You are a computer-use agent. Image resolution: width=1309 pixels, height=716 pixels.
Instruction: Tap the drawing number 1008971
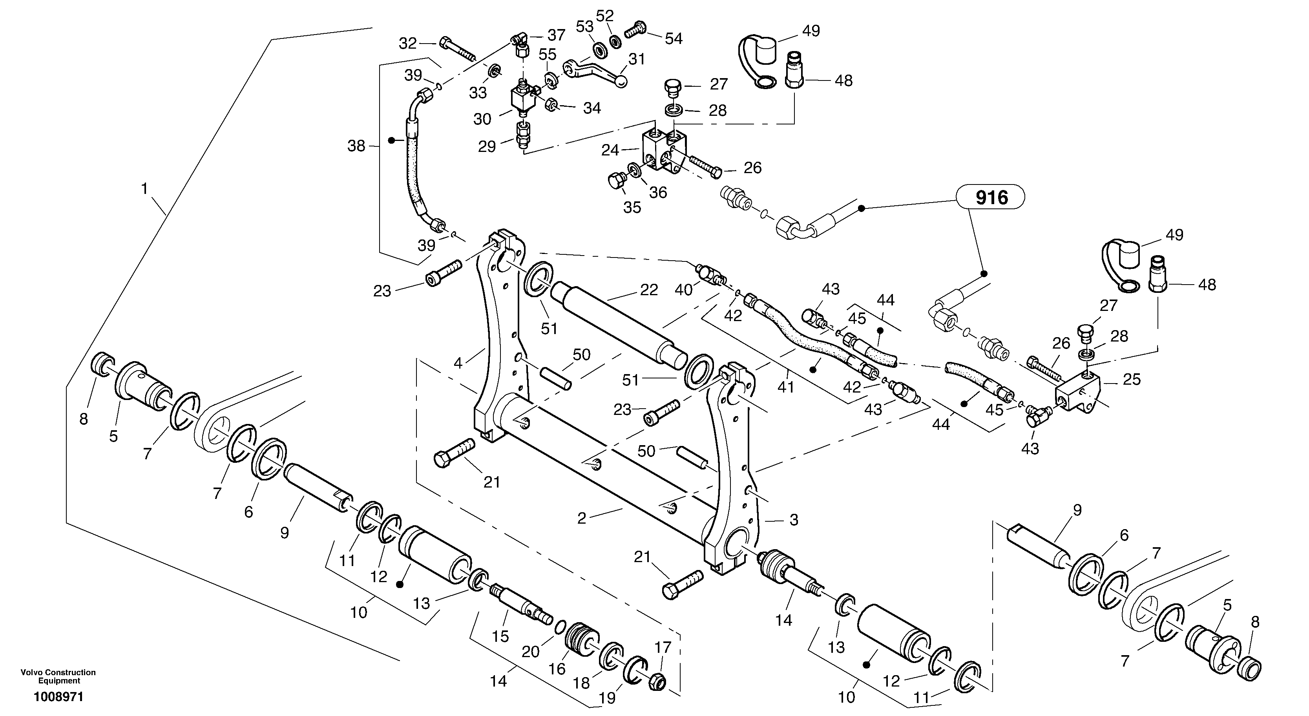coord(58,697)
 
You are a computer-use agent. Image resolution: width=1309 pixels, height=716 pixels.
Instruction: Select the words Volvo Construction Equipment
coord(58,676)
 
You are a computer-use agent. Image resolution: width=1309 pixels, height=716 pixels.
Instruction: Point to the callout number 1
coord(144,189)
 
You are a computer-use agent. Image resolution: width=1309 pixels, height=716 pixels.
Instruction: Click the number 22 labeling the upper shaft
coord(649,290)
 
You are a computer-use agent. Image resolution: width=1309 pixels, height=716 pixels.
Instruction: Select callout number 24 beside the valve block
coord(610,150)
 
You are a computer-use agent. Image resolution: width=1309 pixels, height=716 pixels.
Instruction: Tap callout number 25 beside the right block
coord(1132,379)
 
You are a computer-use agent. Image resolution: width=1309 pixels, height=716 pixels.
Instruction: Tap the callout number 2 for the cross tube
coord(582,518)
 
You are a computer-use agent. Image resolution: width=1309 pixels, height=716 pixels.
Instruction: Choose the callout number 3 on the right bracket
coord(794,519)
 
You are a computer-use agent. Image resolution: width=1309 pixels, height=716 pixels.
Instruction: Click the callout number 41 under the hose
coord(786,387)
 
